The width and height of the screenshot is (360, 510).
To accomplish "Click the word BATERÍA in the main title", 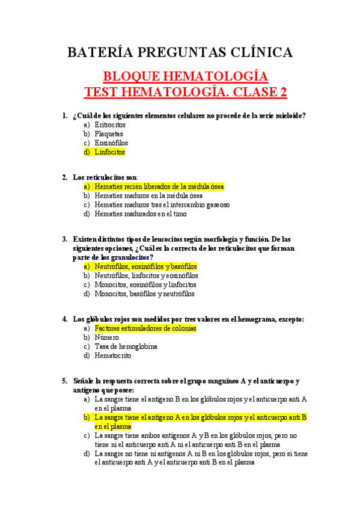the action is [x=96, y=52].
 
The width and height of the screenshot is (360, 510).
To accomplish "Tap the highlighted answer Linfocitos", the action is [x=110, y=152].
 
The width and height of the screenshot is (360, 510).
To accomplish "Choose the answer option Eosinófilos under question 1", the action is [x=111, y=143].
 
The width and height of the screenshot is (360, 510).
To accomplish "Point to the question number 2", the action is [x=64, y=177].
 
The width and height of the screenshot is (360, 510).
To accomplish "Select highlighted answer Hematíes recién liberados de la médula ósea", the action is [x=159, y=186].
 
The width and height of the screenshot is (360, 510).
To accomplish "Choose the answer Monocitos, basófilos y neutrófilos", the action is [x=145, y=293].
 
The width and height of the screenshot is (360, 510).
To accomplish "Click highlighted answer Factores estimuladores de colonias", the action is [x=145, y=328].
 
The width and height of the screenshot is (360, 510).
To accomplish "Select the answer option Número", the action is [x=107, y=337].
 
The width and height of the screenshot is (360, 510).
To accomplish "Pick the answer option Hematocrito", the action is [x=112, y=355].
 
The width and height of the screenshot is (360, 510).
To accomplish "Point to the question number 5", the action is [x=64, y=381].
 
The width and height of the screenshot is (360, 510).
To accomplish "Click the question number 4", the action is [x=64, y=319].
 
